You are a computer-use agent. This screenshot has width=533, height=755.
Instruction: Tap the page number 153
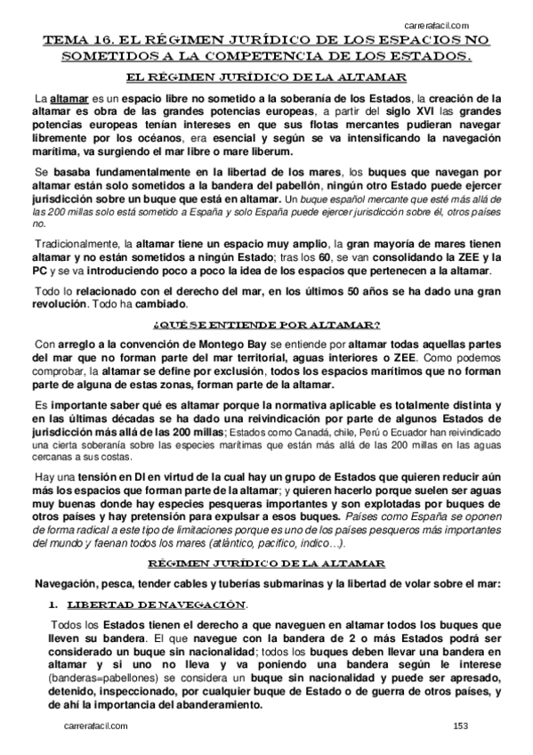459,727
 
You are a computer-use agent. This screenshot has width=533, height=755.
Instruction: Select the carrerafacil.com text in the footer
97,727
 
